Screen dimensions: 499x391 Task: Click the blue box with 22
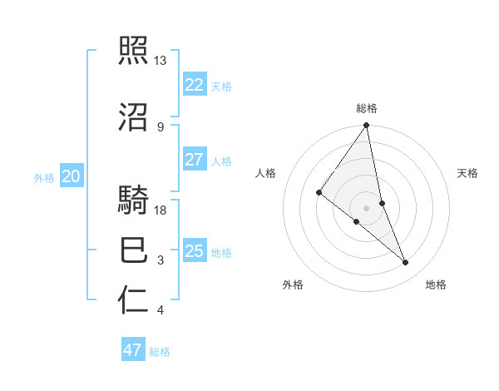194,85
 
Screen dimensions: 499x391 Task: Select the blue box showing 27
194,160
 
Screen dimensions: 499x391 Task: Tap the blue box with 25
194,251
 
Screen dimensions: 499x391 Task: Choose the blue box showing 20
71,176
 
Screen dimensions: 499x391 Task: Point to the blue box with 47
133,350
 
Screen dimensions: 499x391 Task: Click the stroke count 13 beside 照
161,61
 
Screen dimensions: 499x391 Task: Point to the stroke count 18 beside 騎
161,210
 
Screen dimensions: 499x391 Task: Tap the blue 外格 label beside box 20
44,177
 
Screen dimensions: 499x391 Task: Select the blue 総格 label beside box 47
160,352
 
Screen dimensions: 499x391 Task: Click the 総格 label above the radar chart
366,108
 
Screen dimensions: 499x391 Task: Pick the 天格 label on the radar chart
467,173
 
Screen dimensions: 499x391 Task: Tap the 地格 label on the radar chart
436,285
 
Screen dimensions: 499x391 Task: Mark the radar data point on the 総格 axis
366,126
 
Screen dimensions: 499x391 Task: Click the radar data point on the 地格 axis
406,262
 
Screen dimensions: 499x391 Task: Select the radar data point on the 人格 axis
319,192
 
